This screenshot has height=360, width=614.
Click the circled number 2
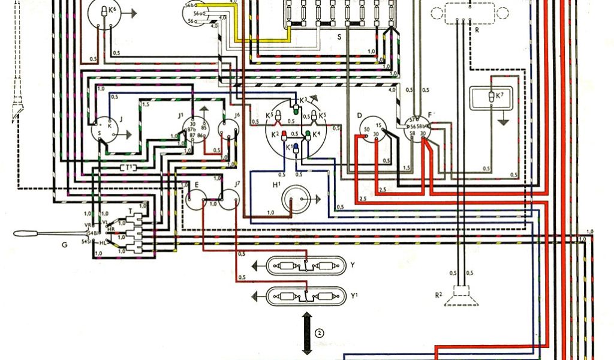click(320, 333)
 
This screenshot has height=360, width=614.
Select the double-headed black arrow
click(307, 333)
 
